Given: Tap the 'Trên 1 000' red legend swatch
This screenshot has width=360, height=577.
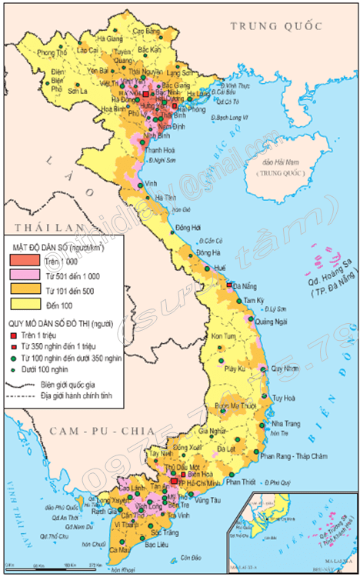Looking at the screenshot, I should (25, 262).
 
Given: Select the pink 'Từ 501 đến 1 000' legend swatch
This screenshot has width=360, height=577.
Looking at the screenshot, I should (25, 276).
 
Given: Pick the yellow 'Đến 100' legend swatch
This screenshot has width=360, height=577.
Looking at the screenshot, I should (25, 305).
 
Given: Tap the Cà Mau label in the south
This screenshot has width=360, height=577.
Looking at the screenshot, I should (119, 550).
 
